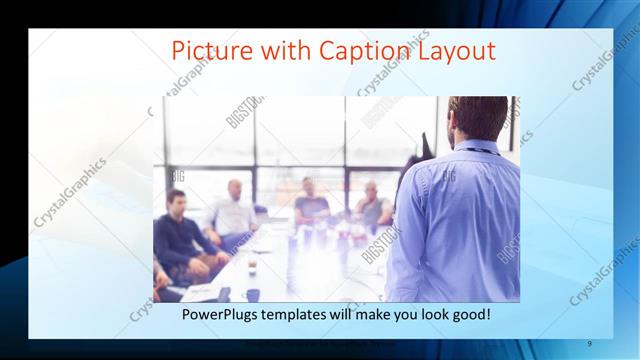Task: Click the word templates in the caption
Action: click(x=301, y=314)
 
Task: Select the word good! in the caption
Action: click(x=467, y=314)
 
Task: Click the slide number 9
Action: click(x=590, y=343)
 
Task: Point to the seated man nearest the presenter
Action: click(x=372, y=206)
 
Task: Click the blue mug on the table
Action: click(x=253, y=294)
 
